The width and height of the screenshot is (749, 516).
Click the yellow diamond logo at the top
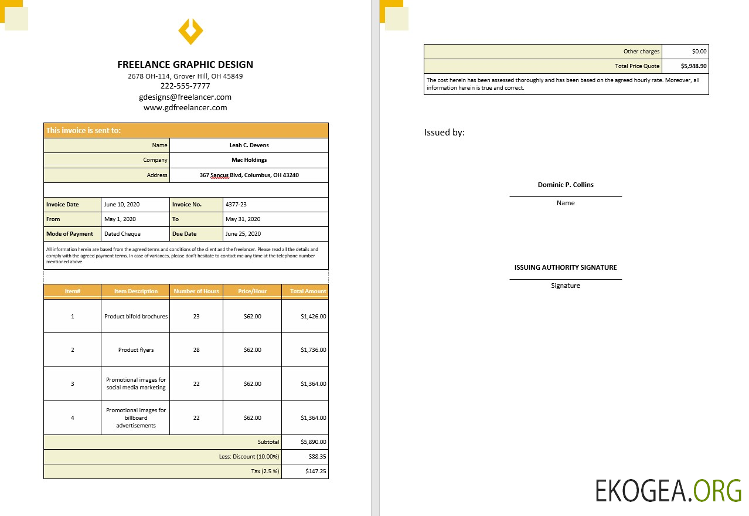(x=190, y=31)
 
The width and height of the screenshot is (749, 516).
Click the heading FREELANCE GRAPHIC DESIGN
(x=185, y=64)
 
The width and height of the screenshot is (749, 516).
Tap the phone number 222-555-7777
(x=185, y=86)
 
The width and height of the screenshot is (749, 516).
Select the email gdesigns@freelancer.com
(x=185, y=97)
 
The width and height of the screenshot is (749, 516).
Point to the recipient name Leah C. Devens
(x=249, y=145)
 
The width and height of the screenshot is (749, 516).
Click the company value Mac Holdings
(x=249, y=160)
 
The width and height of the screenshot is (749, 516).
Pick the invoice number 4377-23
(x=236, y=205)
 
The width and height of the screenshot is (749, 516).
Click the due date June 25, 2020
(x=243, y=234)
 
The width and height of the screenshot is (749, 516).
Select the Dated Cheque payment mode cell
(x=122, y=234)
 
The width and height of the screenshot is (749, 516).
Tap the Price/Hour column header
(x=252, y=291)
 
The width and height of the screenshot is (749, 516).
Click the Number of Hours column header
(x=196, y=291)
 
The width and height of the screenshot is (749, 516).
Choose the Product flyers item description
(x=136, y=350)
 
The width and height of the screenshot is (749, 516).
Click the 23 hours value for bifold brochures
(x=196, y=317)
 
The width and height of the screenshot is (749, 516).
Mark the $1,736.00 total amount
(x=314, y=350)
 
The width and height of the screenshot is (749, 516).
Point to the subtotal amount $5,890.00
(x=314, y=442)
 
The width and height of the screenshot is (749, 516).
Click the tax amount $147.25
(x=316, y=471)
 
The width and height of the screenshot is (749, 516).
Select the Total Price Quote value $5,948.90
(x=694, y=66)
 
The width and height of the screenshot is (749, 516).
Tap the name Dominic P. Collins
(x=566, y=185)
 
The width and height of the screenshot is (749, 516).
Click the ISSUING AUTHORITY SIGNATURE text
(x=566, y=267)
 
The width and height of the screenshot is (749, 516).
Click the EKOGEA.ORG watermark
(x=668, y=491)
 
